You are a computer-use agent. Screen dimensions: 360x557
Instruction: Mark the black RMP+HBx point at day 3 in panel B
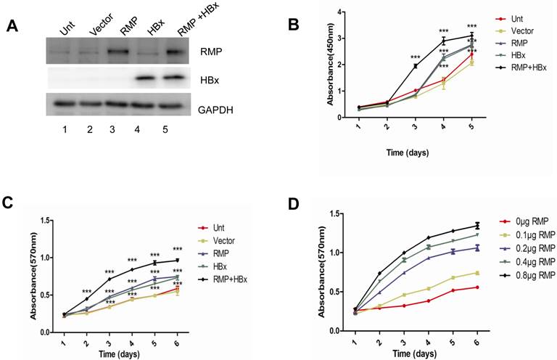[415, 66]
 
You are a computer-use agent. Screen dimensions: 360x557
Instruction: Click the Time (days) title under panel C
[113, 353]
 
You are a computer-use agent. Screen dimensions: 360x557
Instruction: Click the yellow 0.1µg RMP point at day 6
[477, 273]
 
